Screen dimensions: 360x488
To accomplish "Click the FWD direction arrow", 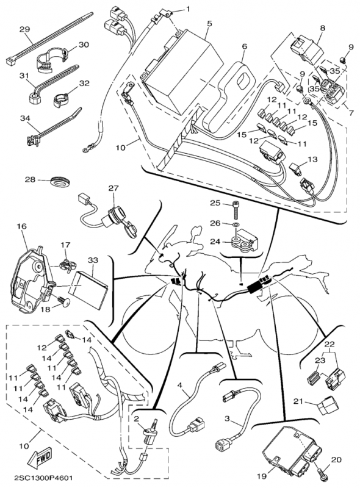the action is tap(39, 457).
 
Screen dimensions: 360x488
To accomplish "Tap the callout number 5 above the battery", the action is tap(209, 23).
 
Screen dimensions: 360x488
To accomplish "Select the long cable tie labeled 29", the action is tap(50, 38).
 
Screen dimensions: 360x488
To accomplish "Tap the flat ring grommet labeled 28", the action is tap(60, 182).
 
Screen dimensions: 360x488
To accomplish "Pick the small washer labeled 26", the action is tap(236, 224).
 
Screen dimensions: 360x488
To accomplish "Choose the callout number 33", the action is tap(92, 260).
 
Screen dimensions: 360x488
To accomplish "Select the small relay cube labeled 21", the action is tap(326, 405).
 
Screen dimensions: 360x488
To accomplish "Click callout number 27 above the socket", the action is tap(113, 188).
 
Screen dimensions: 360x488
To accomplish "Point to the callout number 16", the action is tap(22, 226).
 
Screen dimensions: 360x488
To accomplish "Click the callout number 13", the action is tap(312, 159).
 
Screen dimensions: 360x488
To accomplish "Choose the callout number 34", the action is tap(24, 118).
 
